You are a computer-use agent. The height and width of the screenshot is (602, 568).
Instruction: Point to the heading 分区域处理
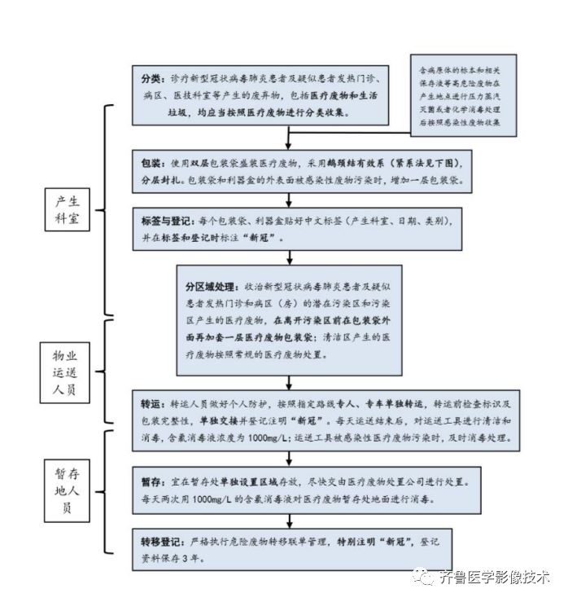click(x=211, y=288)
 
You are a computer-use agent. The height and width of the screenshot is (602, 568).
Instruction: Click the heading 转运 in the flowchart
click(x=151, y=403)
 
